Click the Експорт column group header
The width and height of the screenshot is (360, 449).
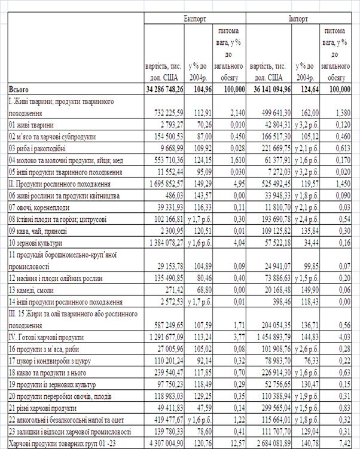[x=194, y=19]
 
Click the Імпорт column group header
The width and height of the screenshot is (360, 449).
[x=298, y=19]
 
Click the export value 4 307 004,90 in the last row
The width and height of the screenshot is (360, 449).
[x=163, y=442]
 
